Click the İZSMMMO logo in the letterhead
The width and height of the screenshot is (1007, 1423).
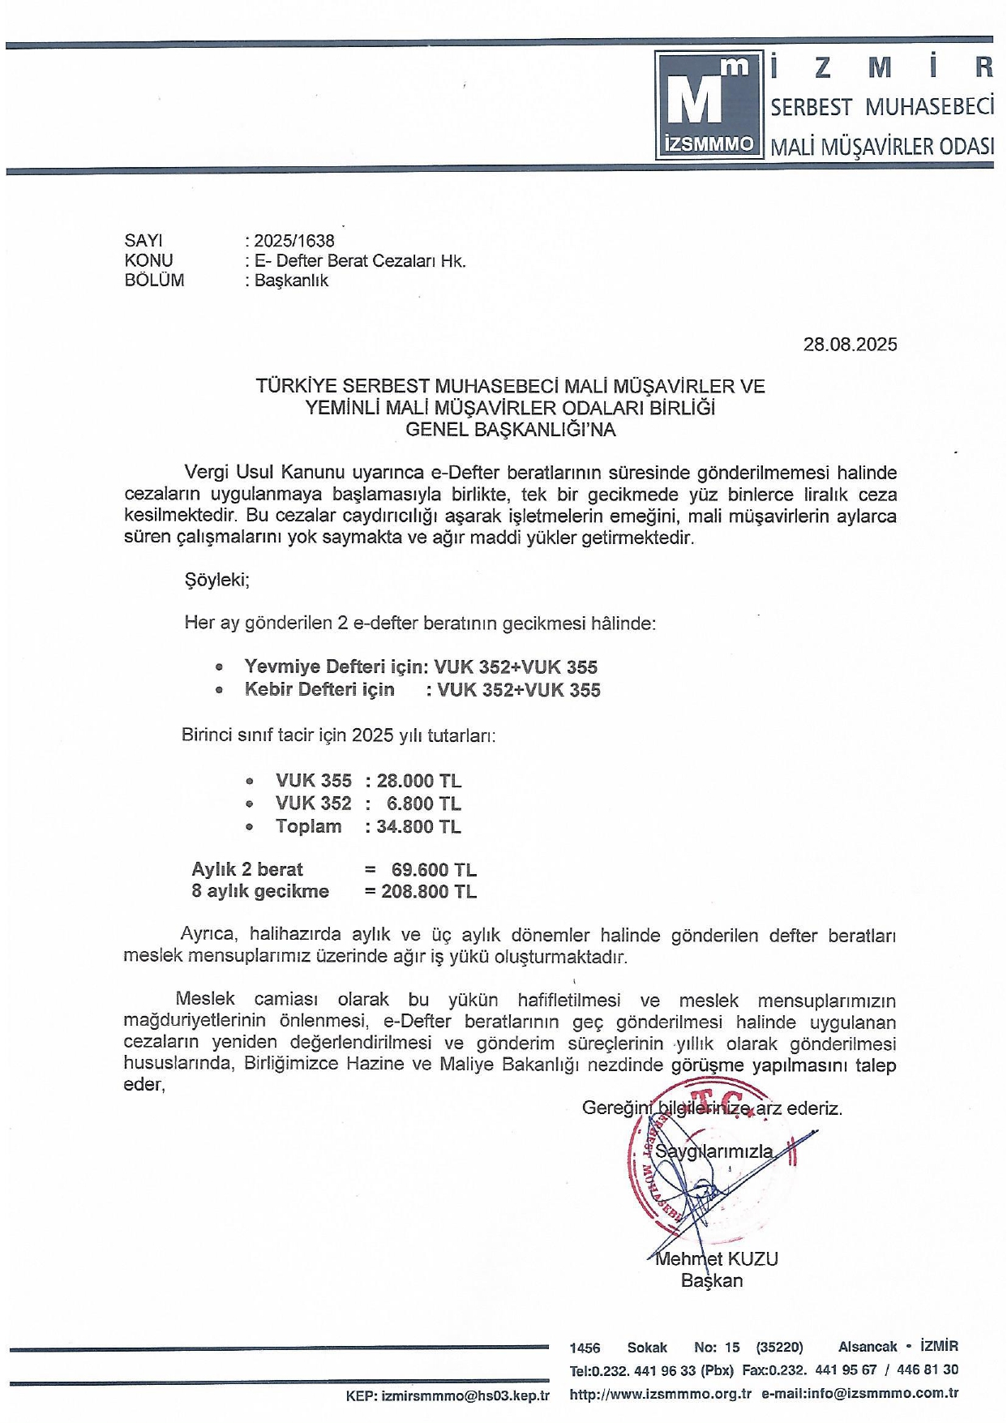pos(708,105)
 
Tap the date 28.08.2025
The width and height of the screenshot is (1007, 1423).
pos(850,345)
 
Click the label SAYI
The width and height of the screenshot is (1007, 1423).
pos(143,241)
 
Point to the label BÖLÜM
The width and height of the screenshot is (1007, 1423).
pos(154,281)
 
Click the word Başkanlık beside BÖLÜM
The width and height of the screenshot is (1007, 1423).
pos(291,281)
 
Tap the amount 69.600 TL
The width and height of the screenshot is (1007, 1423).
pos(434,870)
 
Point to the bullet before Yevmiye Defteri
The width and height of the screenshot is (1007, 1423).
pos(219,668)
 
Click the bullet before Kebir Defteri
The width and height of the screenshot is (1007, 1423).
pos(219,691)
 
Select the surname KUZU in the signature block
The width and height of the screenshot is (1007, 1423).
pos(753,1259)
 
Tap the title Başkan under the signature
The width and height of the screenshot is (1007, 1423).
pos(711,1281)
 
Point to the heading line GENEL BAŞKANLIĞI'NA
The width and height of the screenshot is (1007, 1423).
pos(510,430)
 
